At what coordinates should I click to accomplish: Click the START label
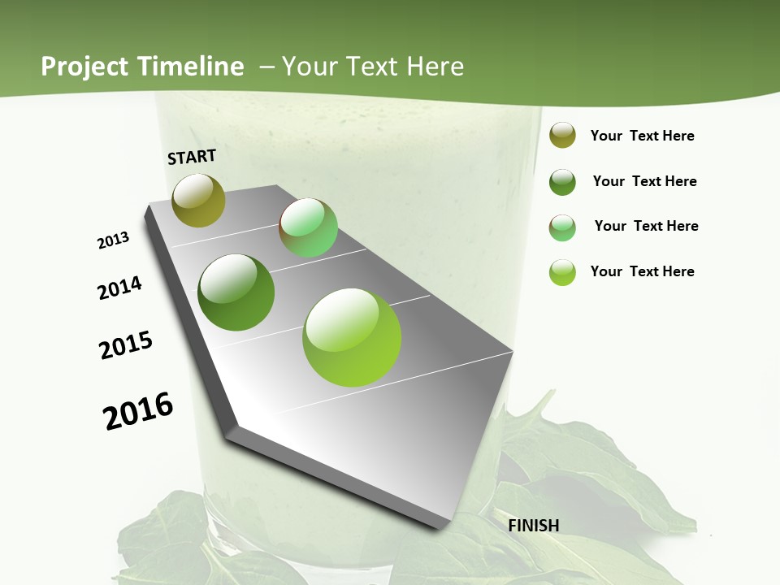[192, 157]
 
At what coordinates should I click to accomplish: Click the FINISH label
[534, 526]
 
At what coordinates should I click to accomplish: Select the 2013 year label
[114, 240]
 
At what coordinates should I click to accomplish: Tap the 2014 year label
[120, 288]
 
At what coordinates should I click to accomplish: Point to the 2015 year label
[126, 345]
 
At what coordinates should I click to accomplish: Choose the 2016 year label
[138, 411]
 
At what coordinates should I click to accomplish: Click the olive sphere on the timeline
[198, 200]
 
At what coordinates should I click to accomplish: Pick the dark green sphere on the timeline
[236, 292]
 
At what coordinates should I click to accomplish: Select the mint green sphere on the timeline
[308, 227]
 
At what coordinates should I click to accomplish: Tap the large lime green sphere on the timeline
[352, 337]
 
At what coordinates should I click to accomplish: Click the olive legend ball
[562, 135]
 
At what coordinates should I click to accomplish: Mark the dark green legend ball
[562, 182]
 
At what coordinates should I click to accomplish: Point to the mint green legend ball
[562, 227]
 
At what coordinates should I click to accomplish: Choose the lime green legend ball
[562, 272]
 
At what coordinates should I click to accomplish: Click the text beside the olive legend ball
[642, 136]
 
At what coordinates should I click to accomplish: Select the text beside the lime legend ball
[642, 271]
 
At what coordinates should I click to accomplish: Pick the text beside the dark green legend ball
[644, 181]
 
